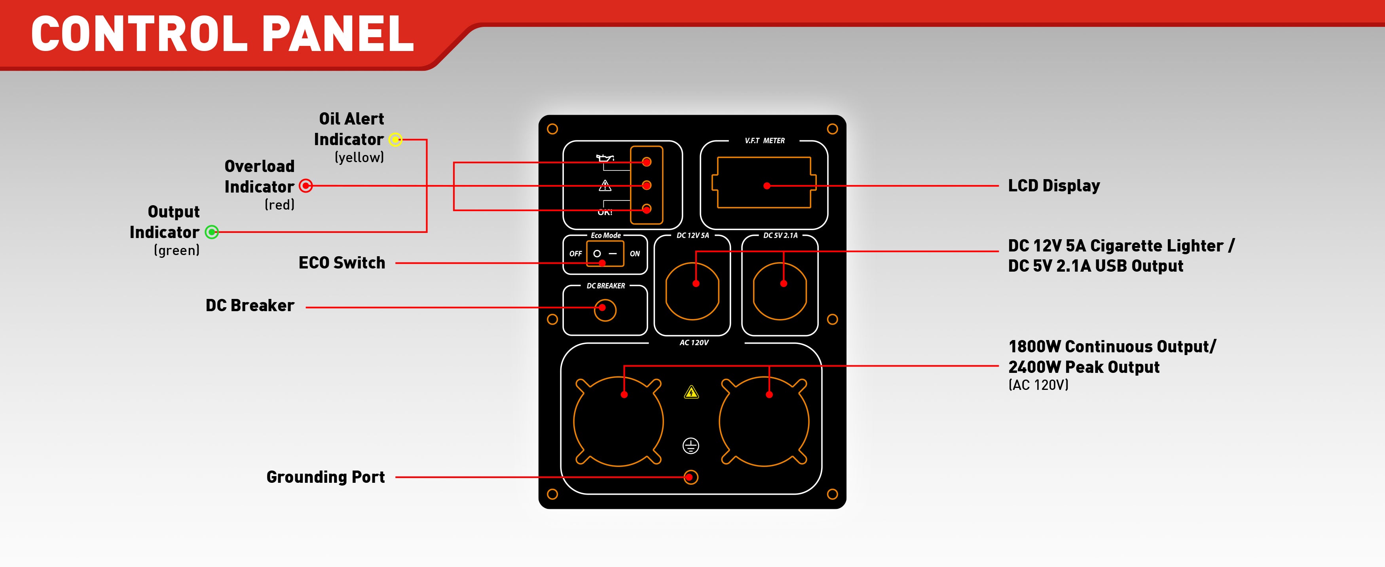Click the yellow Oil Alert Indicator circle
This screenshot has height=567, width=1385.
pyautogui.click(x=395, y=140)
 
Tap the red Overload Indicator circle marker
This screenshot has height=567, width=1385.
pyautogui.click(x=305, y=186)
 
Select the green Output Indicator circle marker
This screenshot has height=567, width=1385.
pyautogui.click(x=212, y=232)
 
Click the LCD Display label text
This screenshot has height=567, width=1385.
pyautogui.click(x=1053, y=186)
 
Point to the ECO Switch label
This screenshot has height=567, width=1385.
pyautogui.click(x=342, y=263)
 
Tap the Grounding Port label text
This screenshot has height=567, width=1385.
pyautogui.click(x=325, y=477)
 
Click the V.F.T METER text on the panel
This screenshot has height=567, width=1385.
pyautogui.click(x=764, y=141)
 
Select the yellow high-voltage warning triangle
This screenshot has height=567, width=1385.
pyautogui.click(x=691, y=392)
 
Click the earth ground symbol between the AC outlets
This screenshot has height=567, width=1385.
pyautogui.click(x=691, y=446)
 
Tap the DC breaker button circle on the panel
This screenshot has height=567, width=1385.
pyautogui.click(x=605, y=310)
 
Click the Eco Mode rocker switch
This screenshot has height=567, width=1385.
pyautogui.click(x=605, y=254)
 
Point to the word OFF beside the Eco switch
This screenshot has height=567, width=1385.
pyautogui.click(x=575, y=254)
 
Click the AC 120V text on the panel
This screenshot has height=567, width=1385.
pyautogui.click(x=694, y=343)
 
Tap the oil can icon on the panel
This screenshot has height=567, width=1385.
pyautogui.click(x=605, y=158)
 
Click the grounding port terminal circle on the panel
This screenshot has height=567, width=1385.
pyautogui.click(x=691, y=477)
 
